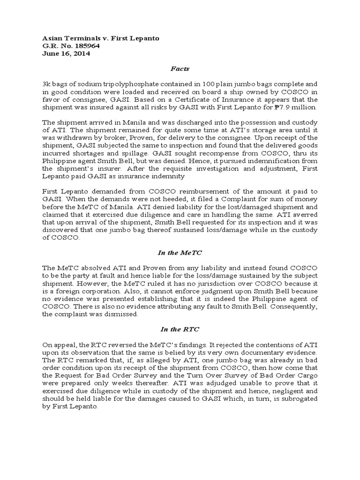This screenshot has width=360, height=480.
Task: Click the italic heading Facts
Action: click(180, 69)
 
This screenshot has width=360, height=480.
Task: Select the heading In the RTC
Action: click(180, 330)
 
